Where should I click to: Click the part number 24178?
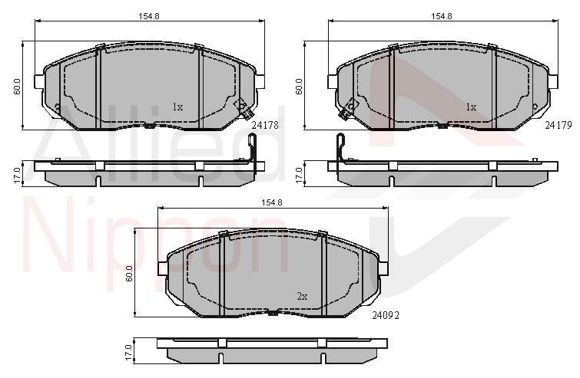click(265, 126)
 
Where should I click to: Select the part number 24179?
click(558, 126)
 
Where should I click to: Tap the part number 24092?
click(386, 315)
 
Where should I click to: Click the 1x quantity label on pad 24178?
click(178, 107)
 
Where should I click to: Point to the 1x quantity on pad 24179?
click(471, 107)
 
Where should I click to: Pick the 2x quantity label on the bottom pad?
click(302, 296)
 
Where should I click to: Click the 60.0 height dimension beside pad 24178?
click(18, 87)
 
